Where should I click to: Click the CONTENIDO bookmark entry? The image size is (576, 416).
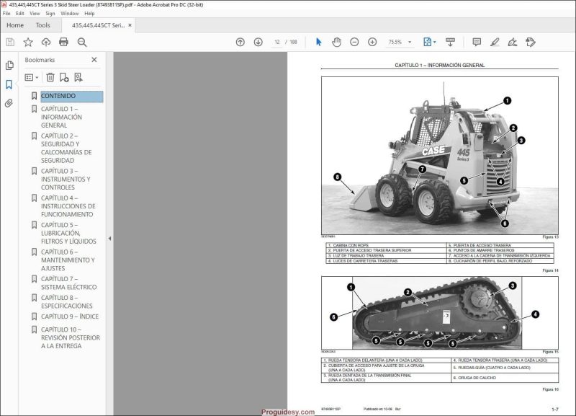click(x=58, y=96)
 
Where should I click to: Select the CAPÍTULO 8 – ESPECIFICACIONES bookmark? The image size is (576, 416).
click(x=66, y=302)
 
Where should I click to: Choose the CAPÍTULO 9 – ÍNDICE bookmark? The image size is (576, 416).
click(x=69, y=317)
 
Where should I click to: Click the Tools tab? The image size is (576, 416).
click(x=43, y=25)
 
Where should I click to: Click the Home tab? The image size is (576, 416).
click(x=15, y=25)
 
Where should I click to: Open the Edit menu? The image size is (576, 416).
click(x=19, y=13)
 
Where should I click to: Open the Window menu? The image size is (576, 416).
click(x=70, y=13)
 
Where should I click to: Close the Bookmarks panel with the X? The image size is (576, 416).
click(x=94, y=60)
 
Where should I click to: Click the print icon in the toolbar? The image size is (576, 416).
click(x=63, y=43)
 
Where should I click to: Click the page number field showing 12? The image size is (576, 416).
click(x=277, y=43)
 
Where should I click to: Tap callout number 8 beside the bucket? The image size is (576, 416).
click(x=337, y=177)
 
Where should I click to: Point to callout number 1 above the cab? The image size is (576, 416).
click(x=507, y=101)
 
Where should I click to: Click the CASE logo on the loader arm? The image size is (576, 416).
click(x=433, y=151)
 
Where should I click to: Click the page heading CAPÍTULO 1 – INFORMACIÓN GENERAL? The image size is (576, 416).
click(x=440, y=66)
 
